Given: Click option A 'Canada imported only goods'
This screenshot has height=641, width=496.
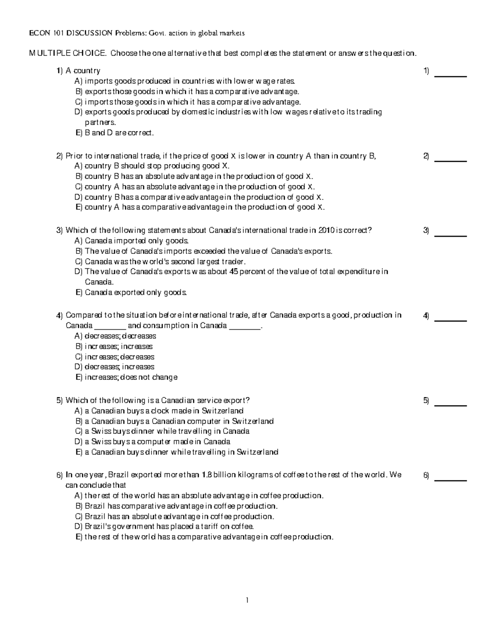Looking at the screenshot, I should (x=132, y=241).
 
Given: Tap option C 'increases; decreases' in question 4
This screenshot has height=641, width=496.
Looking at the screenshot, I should (x=114, y=357).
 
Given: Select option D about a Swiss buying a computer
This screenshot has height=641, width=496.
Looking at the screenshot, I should (x=153, y=442).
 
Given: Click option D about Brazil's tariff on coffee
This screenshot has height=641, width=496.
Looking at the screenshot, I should (x=164, y=526).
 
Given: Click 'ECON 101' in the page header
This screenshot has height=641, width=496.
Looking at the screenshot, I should (x=45, y=33).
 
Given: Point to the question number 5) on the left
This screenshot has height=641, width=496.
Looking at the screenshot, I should (x=60, y=400).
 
